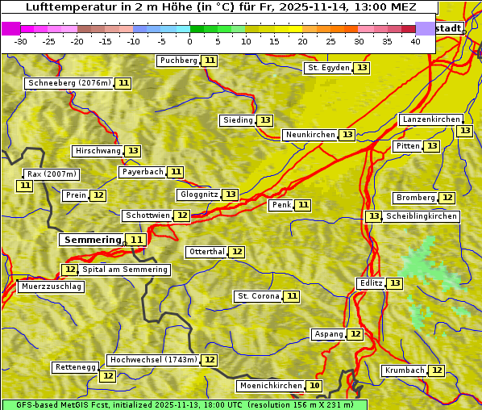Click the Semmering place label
click(91, 240)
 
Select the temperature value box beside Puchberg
click(210, 61)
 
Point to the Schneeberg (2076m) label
click(69, 83)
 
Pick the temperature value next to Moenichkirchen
click(314, 386)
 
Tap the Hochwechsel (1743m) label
click(152, 360)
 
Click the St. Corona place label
click(258, 296)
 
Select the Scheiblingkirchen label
click(422, 216)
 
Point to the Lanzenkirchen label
click(430, 119)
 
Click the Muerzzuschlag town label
click(51, 287)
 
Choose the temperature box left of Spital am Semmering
click(70, 270)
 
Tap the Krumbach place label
click(405, 370)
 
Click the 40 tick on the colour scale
click(415, 41)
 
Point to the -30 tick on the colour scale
click(20, 41)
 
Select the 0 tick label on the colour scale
click(189, 41)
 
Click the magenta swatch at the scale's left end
click(11, 28)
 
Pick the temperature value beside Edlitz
click(394, 283)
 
